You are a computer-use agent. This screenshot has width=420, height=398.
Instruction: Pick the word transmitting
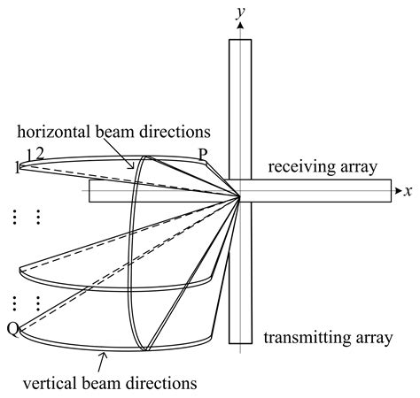307,337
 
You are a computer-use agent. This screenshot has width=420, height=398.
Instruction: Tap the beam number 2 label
38,153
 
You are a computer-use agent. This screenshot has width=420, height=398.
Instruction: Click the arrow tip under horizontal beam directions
133,167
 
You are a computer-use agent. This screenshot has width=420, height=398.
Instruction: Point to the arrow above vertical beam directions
103,358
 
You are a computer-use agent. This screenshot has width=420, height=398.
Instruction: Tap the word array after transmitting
374,337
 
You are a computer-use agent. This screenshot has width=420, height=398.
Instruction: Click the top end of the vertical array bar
240,41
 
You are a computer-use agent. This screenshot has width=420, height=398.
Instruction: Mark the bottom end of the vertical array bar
240,341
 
